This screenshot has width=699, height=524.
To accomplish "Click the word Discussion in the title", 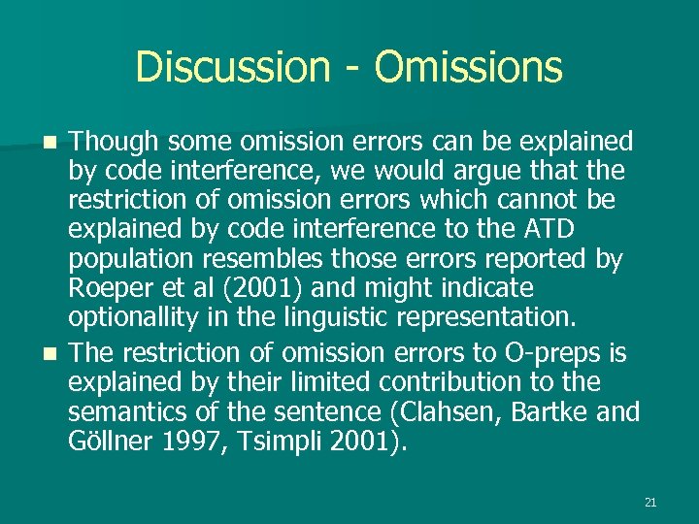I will (x=233, y=67).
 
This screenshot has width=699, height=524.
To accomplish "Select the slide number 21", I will (x=650, y=503).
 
